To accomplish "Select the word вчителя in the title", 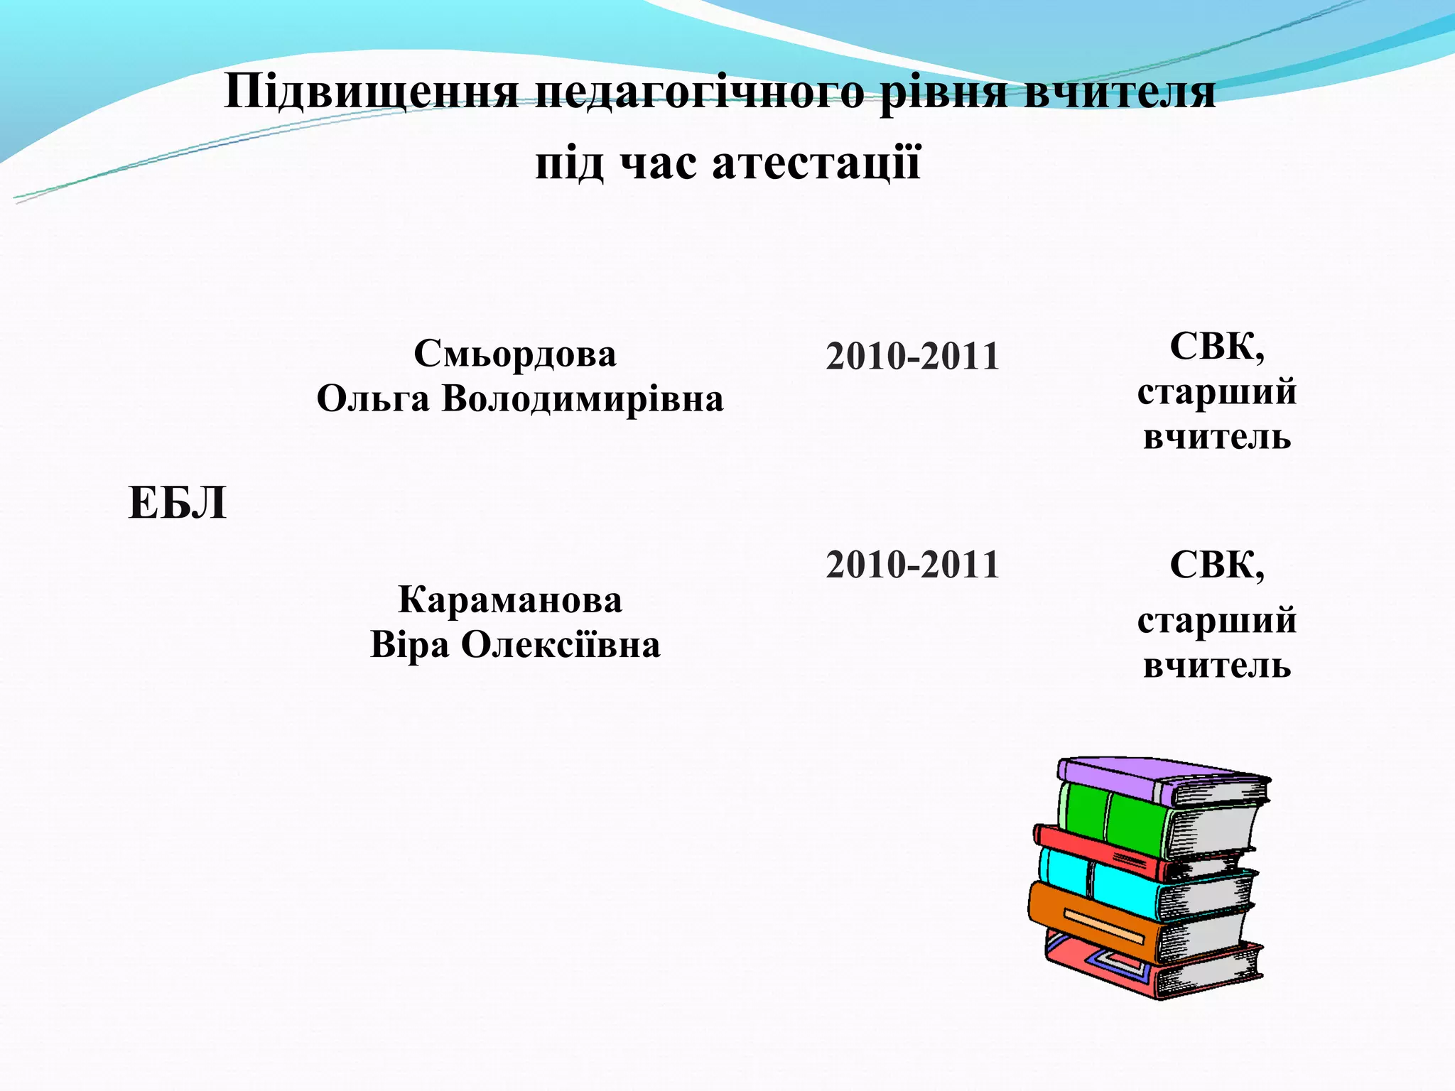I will coord(1121,92).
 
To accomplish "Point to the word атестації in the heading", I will coord(816,163).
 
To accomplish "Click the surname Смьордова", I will coord(515,354).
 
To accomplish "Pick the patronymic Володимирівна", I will coord(583,398).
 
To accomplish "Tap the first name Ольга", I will coord(373,398).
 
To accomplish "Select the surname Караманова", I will coord(510,600).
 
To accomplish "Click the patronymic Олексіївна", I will coord(561,645).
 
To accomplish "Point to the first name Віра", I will coord(410,645).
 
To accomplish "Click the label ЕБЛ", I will coord(178,504).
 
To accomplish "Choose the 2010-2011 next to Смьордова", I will coord(912,356).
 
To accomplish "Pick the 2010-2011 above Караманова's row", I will coord(912,565).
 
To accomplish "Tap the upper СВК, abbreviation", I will coord(1217,348).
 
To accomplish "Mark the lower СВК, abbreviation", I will coord(1217,565).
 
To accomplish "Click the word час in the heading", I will coord(658,163).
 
